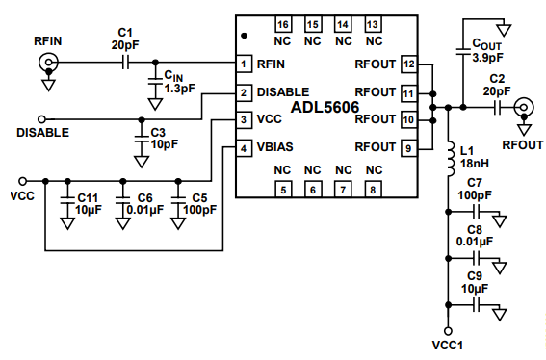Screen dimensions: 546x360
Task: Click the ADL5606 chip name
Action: tap(325, 107)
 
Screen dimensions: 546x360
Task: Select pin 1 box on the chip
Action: tap(244, 64)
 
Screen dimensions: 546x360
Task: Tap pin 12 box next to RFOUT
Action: tap(409, 64)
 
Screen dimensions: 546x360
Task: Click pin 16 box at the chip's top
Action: tap(283, 24)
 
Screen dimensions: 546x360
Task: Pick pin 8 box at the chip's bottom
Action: tap(373, 190)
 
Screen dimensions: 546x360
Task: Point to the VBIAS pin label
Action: tap(274, 147)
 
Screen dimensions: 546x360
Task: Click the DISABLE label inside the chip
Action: tap(283, 91)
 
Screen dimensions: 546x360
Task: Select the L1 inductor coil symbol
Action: tap(451, 159)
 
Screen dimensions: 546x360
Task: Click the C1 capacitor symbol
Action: tap(125, 63)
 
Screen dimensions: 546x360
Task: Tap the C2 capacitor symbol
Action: tap(497, 108)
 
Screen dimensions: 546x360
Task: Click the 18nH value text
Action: tap(475, 163)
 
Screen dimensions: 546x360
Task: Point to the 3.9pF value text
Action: tap(487, 58)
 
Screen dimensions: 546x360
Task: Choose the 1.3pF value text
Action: tap(180, 89)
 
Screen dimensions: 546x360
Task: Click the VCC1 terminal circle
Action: tap(449, 331)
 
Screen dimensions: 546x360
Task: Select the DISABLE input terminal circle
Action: tap(41, 119)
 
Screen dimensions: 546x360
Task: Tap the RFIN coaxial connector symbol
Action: tap(48, 63)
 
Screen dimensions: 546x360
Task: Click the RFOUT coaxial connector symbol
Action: tap(524, 108)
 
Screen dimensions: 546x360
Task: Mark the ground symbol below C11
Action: tap(67, 223)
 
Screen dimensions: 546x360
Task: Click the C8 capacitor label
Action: tap(475, 230)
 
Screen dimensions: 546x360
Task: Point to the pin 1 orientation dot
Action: tap(245, 36)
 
